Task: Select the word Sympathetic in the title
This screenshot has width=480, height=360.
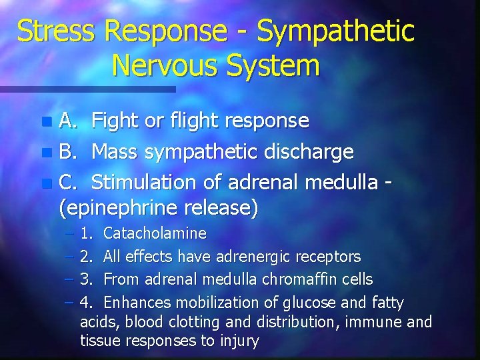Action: [335, 31]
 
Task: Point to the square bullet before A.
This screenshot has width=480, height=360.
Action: [45, 122]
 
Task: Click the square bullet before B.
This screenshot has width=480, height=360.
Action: [45, 153]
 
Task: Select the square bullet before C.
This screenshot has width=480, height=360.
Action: [45, 183]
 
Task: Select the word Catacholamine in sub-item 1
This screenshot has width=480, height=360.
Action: [155, 234]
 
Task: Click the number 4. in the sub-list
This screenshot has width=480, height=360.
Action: [87, 303]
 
